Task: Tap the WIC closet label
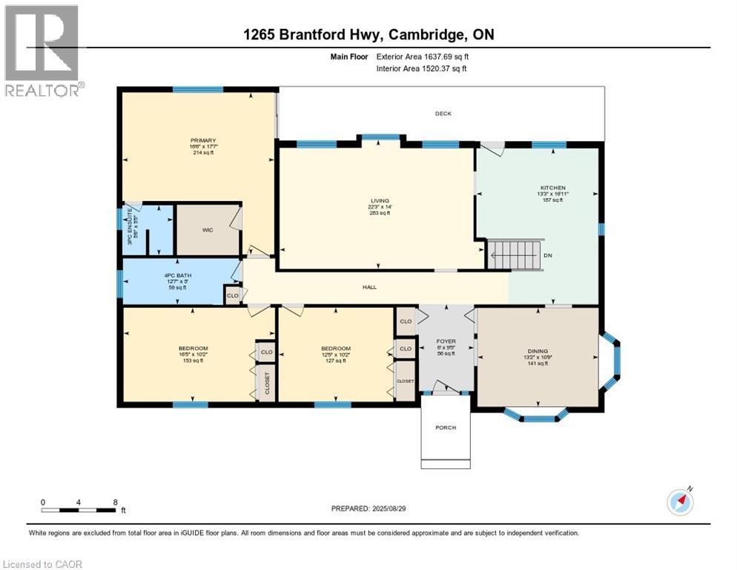click(208, 230)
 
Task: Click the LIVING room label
click(380, 200)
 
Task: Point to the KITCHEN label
click(552, 188)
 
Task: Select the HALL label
click(368, 286)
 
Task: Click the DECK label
click(443, 114)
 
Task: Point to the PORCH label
click(446, 427)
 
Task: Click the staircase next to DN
click(515, 255)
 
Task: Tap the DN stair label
click(547, 255)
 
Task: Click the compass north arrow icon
click(681, 502)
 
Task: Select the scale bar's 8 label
click(115, 502)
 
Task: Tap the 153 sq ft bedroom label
click(193, 361)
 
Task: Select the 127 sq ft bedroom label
click(335, 361)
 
